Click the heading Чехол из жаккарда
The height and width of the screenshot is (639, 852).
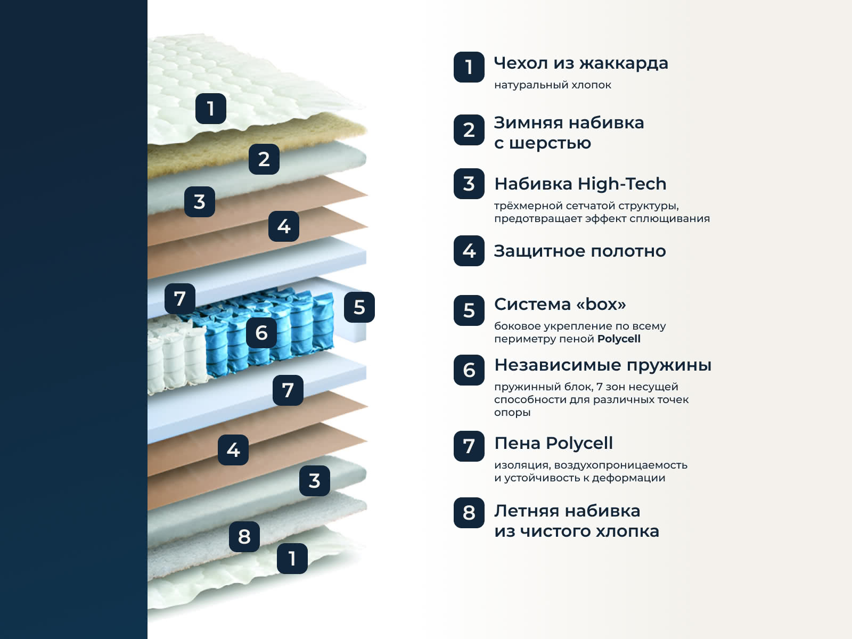pyautogui.click(x=580, y=63)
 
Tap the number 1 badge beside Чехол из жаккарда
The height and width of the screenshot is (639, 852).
pyautogui.click(x=469, y=67)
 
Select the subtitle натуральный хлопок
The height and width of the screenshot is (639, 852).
pyautogui.click(x=553, y=85)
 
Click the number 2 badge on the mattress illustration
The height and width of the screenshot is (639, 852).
pyautogui.click(x=264, y=159)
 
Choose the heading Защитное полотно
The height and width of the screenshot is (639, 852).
pyautogui.click(x=580, y=251)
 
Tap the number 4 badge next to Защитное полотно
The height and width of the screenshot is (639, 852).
pyautogui.click(x=469, y=251)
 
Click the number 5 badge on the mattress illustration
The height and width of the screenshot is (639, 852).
pyautogui.click(x=359, y=307)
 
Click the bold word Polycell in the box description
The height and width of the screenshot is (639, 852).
pyautogui.click(x=619, y=339)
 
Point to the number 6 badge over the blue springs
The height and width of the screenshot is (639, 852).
pyautogui.click(x=261, y=333)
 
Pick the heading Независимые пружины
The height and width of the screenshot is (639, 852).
pyautogui.click(x=603, y=365)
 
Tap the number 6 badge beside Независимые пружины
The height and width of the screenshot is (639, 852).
pyautogui.click(x=469, y=370)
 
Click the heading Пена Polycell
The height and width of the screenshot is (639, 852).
pyautogui.click(x=553, y=443)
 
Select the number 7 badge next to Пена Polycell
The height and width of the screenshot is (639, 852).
pyautogui.click(x=469, y=446)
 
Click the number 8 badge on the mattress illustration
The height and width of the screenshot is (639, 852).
pyautogui.click(x=244, y=537)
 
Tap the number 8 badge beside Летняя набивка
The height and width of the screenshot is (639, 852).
pyautogui.click(x=469, y=513)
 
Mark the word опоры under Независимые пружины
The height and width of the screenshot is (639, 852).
pyautogui.click(x=512, y=413)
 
